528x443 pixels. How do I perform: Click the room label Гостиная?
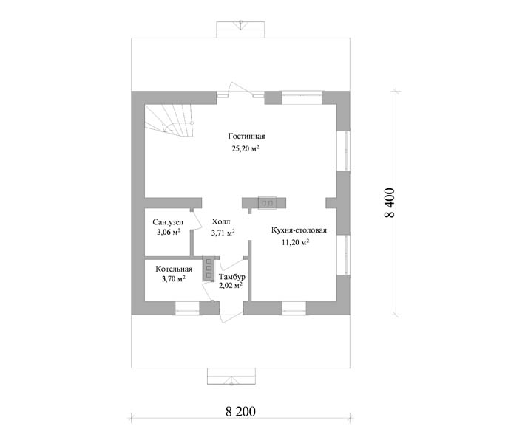click(x=246, y=136)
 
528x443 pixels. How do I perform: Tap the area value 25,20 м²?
click(x=246, y=148)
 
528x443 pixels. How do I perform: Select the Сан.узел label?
click(x=168, y=222)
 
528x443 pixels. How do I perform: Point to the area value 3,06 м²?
click(x=169, y=232)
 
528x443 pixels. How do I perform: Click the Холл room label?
click(x=221, y=221)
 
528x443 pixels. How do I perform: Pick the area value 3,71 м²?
click(x=223, y=233)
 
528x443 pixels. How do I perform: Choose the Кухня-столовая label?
click(x=299, y=230)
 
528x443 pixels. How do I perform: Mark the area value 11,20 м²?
click(x=296, y=242)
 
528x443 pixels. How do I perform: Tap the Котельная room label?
click(x=174, y=269)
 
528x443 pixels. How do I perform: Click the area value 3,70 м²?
click(x=174, y=278)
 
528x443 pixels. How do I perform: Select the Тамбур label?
click(x=232, y=277)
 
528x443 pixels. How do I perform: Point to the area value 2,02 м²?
click(x=231, y=286)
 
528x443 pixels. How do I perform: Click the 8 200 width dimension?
click(x=240, y=411)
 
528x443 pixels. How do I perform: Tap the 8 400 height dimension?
click(x=390, y=203)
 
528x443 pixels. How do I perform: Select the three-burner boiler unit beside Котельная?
click(x=209, y=268)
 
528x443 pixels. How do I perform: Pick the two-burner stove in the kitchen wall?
click(x=267, y=203)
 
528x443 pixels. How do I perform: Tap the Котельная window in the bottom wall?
click(x=187, y=308)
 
